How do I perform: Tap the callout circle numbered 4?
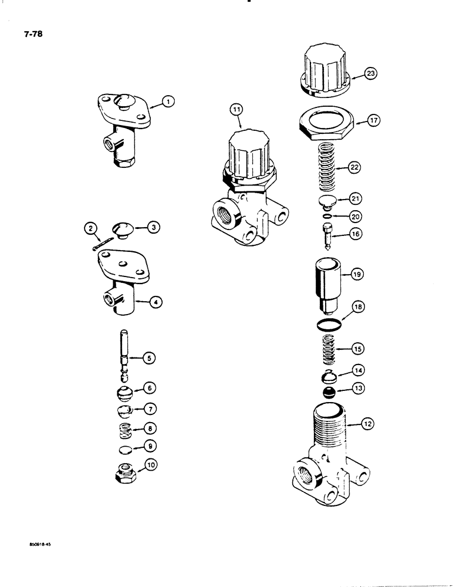[x=155, y=302]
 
